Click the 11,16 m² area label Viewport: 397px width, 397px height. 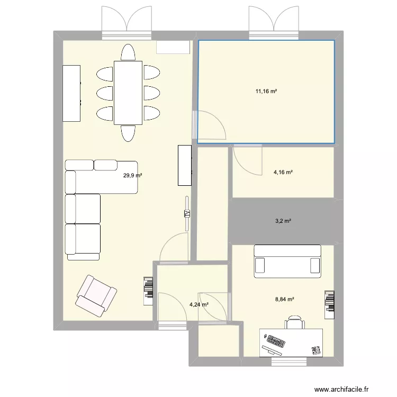tap(266, 92)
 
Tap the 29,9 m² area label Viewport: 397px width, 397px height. tap(132, 175)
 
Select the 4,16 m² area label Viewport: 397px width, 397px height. tap(283, 173)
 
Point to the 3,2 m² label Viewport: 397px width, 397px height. tap(283, 221)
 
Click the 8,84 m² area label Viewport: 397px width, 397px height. tap(285, 300)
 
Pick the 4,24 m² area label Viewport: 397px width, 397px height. tap(199, 304)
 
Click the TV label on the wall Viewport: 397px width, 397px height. tap(187, 214)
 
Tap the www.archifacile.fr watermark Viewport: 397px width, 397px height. tap(341, 390)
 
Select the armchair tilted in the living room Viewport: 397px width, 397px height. tap(96, 296)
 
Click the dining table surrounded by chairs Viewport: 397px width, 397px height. tap(128, 93)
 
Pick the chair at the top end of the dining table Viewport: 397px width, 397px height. tap(128, 52)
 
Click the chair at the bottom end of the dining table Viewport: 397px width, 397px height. tap(128, 133)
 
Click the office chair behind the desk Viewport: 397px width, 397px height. tap(295, 322)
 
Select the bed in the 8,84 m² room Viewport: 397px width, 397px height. tap(287, 261)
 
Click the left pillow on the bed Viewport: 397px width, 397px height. tap(260, 265)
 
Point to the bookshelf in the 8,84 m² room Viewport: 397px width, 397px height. tap(329, 305)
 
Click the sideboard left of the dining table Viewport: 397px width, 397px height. tap(71, 93)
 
